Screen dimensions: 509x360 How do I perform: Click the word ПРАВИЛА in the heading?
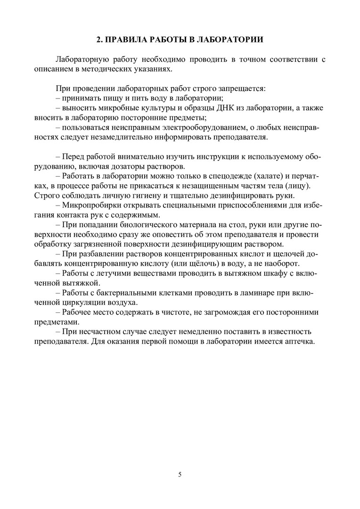[x=128, y=40]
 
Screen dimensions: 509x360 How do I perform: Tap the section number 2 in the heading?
[x=98, y=40]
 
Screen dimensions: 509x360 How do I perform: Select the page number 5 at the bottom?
[x=180, y=474]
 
